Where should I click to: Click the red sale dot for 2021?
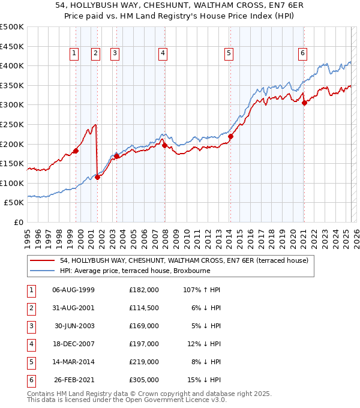click(304, 103)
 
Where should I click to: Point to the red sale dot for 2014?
click(230, 136)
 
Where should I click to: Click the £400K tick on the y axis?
click(12, 65)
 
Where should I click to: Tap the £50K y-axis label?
click(14, 203)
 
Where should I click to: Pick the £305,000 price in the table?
click(144, 380)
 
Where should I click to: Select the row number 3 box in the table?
click(31, 326)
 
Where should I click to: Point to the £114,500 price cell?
click(144, 308)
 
